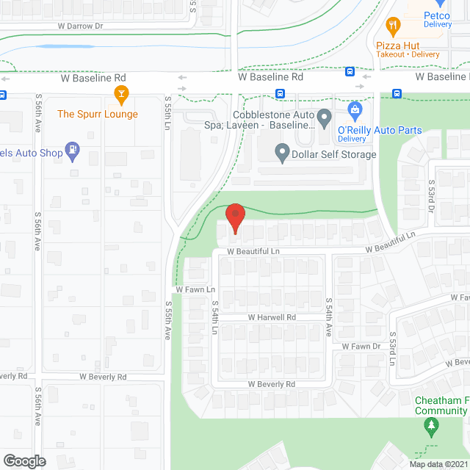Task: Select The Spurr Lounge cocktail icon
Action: tap(122, 93)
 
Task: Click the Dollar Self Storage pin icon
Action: tap(282, 153)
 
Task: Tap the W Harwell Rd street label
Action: tap(271, 317)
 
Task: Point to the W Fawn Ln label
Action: tap(195, 290)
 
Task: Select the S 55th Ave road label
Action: tap(167, 321)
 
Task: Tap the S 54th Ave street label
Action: tap(330, 317)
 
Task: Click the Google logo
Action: tap(23, 460)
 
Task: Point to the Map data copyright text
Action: tap(438, 463)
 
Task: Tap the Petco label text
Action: tap(436, 15)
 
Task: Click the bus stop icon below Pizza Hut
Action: tap(350, 72)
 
